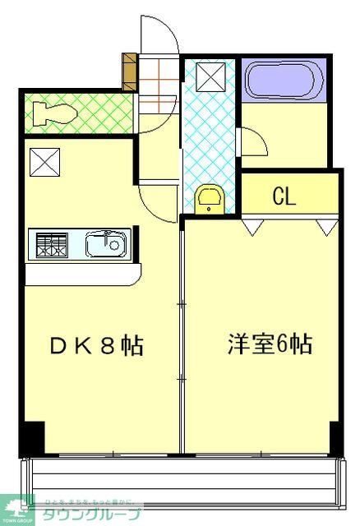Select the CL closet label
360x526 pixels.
(x=284, y=197)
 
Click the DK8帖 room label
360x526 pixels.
(x=96, y=345)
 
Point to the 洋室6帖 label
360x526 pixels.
(x=270, y=344)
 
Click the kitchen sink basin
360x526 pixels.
(x=105, y=244)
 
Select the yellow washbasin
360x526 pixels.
(x=210, y=199)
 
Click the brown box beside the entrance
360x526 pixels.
(x=130, y=72)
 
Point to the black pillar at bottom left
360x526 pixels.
(x=31, y=437)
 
